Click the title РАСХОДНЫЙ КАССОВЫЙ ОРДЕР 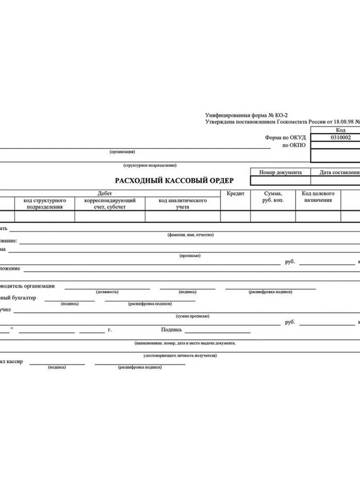tap(174, 180)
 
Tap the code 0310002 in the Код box tap(341, 137)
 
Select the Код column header tap(341, 130)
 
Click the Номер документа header tap(280, 172)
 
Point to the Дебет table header tap(104, 193)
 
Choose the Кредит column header tap(236, 193)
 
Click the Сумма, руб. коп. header tap(273, 197)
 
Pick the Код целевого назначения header tap(318, 197)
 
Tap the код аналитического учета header tap(182, 204)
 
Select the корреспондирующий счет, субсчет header tap(110, 204)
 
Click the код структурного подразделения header tap(45, 204)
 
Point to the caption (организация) tap(122, 152)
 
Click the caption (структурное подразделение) tap(150, 165)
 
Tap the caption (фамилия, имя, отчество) tap(190, 235)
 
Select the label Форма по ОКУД tap(285, 137)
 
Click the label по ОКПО tap(294, 145)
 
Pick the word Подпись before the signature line tap(171, 330)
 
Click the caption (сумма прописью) tap(193, 316)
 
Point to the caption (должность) tap(107, 292)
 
